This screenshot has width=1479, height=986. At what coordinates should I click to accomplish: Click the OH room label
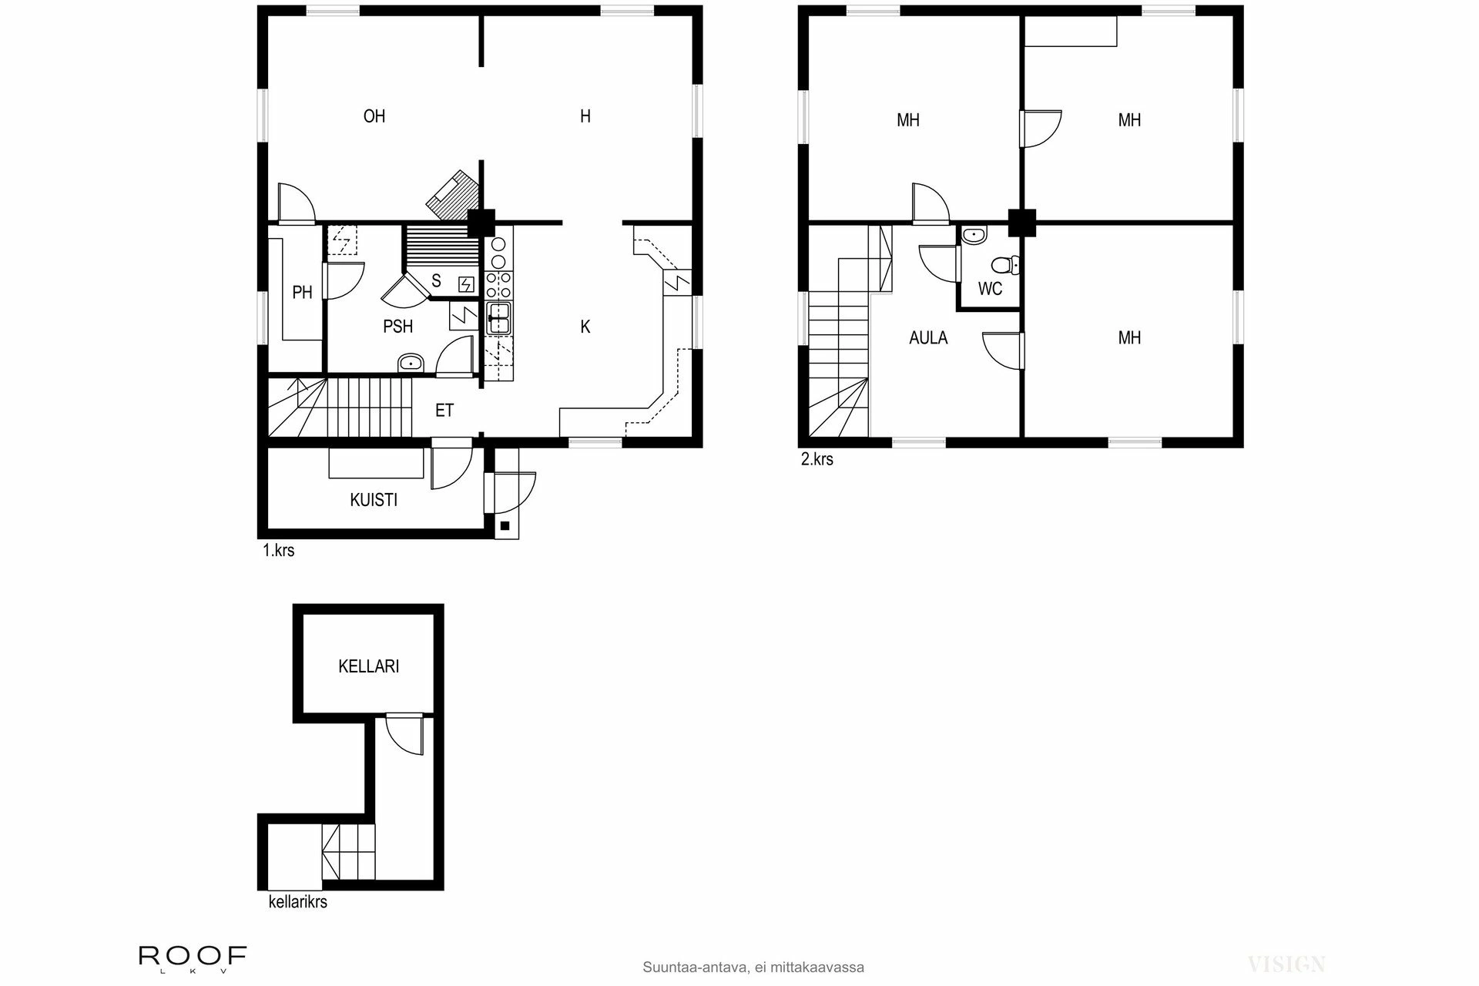click(x=374, y=116)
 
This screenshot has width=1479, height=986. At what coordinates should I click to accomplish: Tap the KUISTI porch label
click(x=374, y=500)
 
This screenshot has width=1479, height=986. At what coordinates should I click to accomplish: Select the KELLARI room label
click(x=368, y=666)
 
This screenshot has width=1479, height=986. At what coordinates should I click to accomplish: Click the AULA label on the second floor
click(x=927, y=337)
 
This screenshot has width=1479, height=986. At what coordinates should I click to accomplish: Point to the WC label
click(x=990, y=289)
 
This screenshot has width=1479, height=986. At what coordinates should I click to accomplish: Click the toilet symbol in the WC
click(x=1004, y=266)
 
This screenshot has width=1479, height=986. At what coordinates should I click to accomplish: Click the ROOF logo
click(x=193, y=957)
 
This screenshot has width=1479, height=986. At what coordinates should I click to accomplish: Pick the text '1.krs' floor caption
click(x=278, y=551)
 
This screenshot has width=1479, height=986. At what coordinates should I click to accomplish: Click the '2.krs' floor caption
click(x=817, y=459)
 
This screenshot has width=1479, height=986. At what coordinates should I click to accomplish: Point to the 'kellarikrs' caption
click(x=297, y=901)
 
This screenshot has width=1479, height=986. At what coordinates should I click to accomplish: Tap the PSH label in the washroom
click(x=397, y=327)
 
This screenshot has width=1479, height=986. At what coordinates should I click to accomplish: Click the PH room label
click(x=302, y=292)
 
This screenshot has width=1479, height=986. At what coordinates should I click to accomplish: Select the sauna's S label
click(x=436, y=280)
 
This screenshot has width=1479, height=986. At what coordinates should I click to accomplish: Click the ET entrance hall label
click(x=444, y=411)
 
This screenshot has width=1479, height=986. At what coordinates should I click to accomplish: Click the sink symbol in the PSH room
click(x=410, y=363)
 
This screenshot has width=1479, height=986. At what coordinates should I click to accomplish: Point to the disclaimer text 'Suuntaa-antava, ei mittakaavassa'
click(x=753, y=967)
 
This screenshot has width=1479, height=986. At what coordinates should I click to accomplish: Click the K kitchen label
click(x=585, y=327)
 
